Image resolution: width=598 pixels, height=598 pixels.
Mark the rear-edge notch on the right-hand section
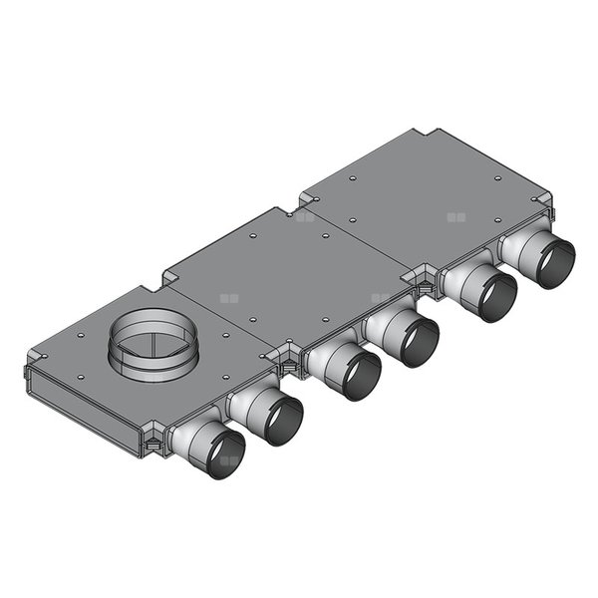pos(429,134)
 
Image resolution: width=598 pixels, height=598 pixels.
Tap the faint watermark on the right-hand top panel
pos(456,216)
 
